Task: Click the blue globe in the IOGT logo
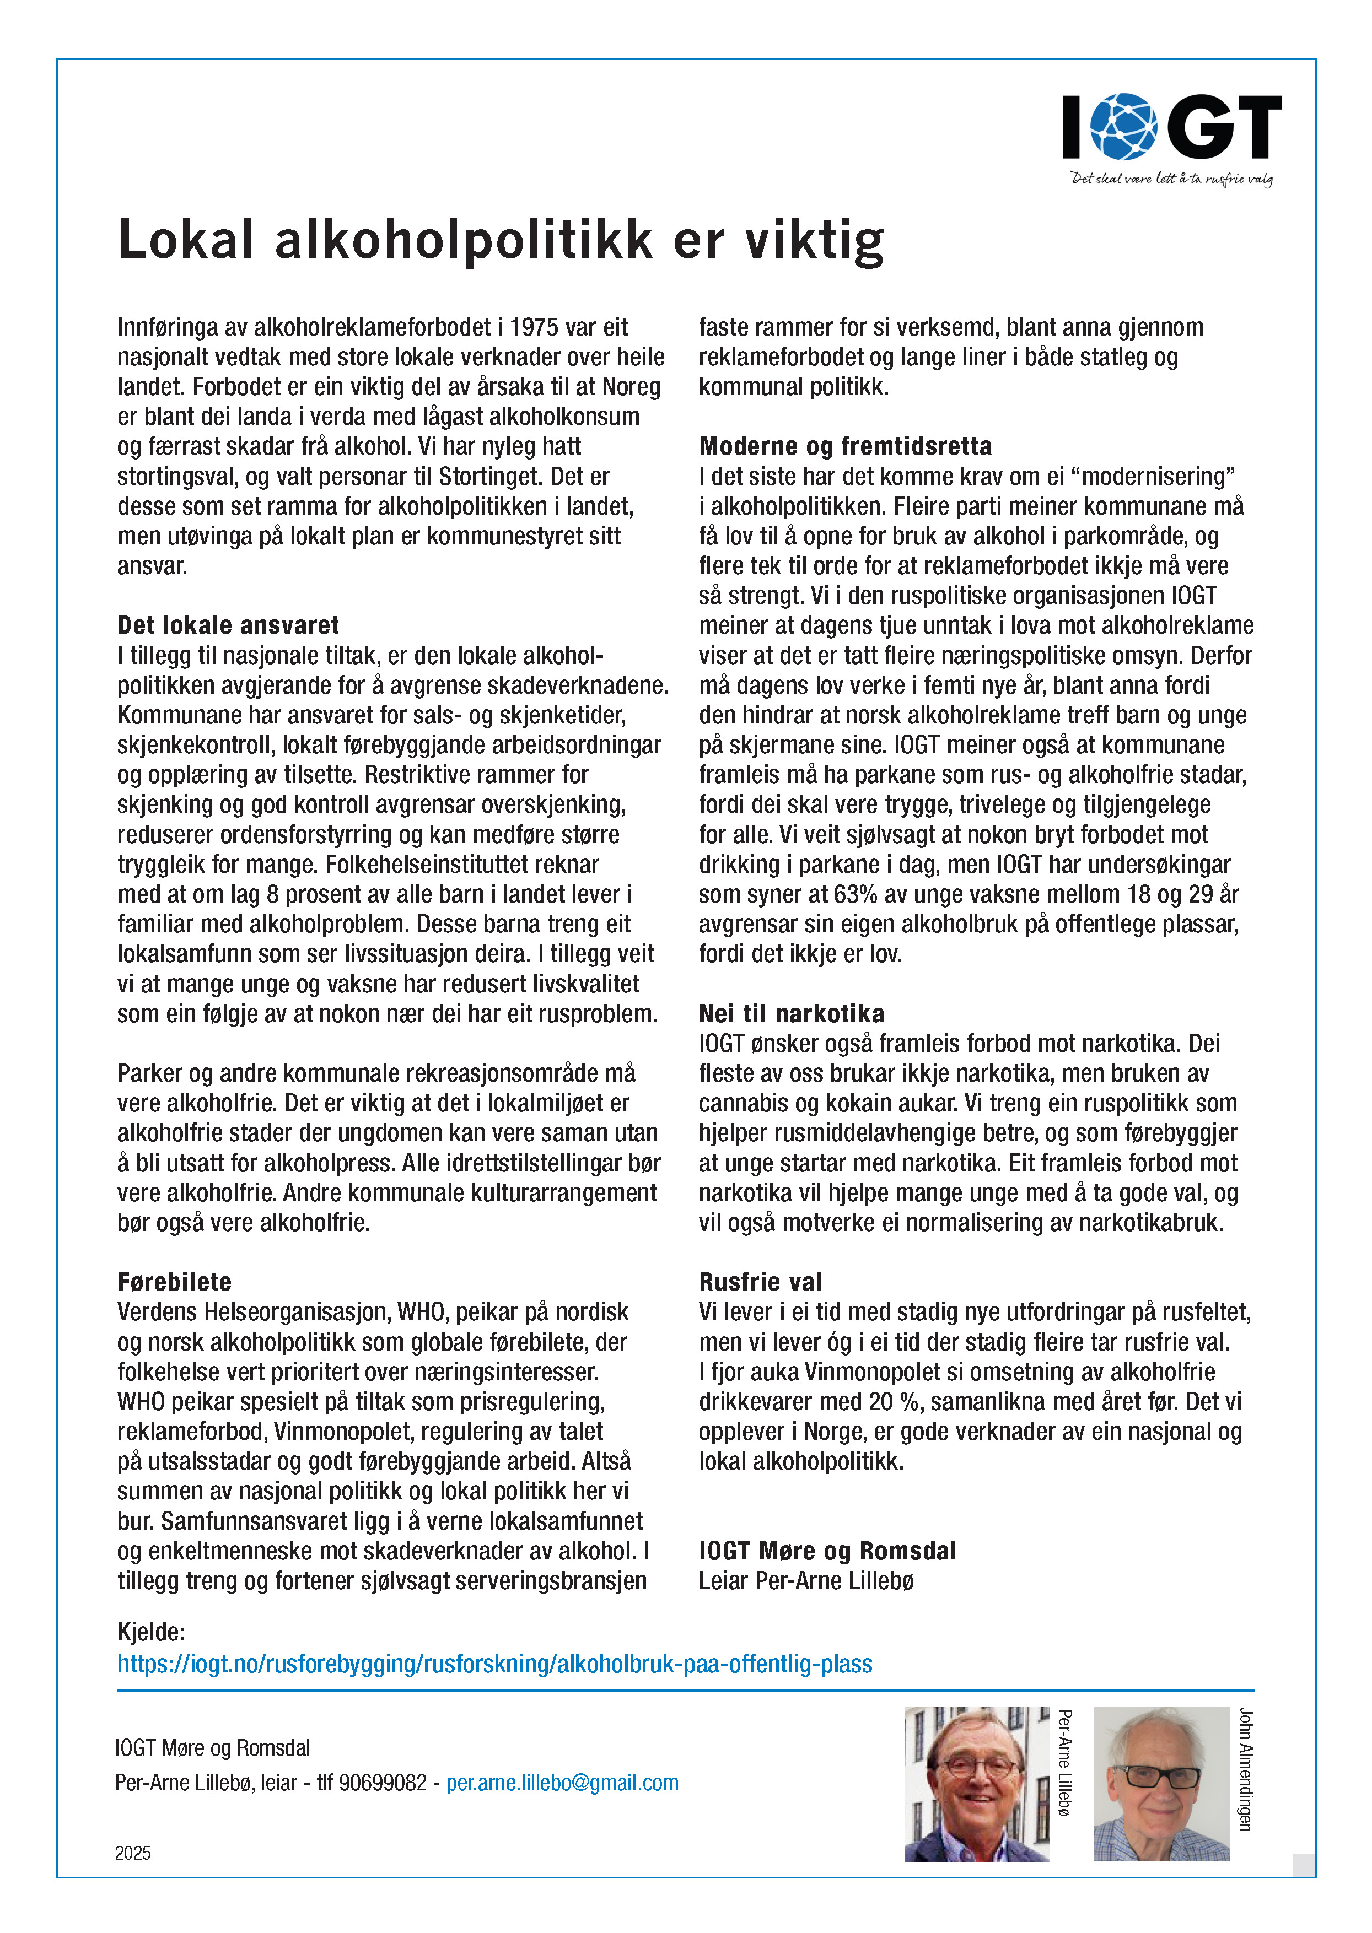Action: (1123, 127)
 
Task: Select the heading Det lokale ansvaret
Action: (228, 626)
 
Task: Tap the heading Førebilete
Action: (174, 1282)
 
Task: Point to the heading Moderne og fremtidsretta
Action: (845, 446)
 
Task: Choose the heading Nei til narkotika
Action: (791, 1013)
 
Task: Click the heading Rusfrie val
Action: (760, 1282)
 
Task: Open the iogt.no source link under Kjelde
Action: (494, 1664)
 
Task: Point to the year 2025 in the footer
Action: (133, 1854)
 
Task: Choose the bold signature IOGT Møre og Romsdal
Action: (827, 1551)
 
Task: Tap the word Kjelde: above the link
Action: (150, 1632)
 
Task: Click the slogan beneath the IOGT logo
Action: (1171, 179)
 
